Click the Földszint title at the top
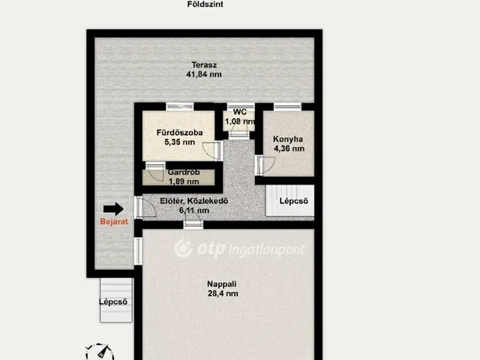(x=205, y=4)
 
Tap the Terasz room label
(x=204, y=65)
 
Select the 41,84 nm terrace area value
(x=204, y=74)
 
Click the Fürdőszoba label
(x=179, y=133)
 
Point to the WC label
(x=240, y=112)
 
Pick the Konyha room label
(x=288, y=139)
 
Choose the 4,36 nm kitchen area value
(x=289, y=148)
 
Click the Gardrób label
(x=184, y=172)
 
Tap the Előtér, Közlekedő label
(x=194, y=201)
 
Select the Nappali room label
(x=222, y=284)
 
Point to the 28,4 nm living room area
(x=223, y=293)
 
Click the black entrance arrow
(x=113, y=209)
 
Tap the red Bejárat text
(x=114, y=222)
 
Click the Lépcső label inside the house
(x=293, y=201)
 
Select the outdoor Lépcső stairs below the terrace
(x=116, y=300)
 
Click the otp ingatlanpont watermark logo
(x=239, y=248)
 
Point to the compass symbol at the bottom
(x=100, y=352)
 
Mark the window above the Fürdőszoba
(x=180, y=106)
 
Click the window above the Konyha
(x=287, y=106)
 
